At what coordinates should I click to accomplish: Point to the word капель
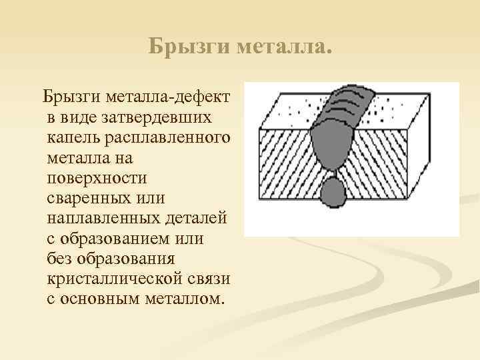click(x=73, y=137)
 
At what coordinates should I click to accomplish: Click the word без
click(x=60, y=258)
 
